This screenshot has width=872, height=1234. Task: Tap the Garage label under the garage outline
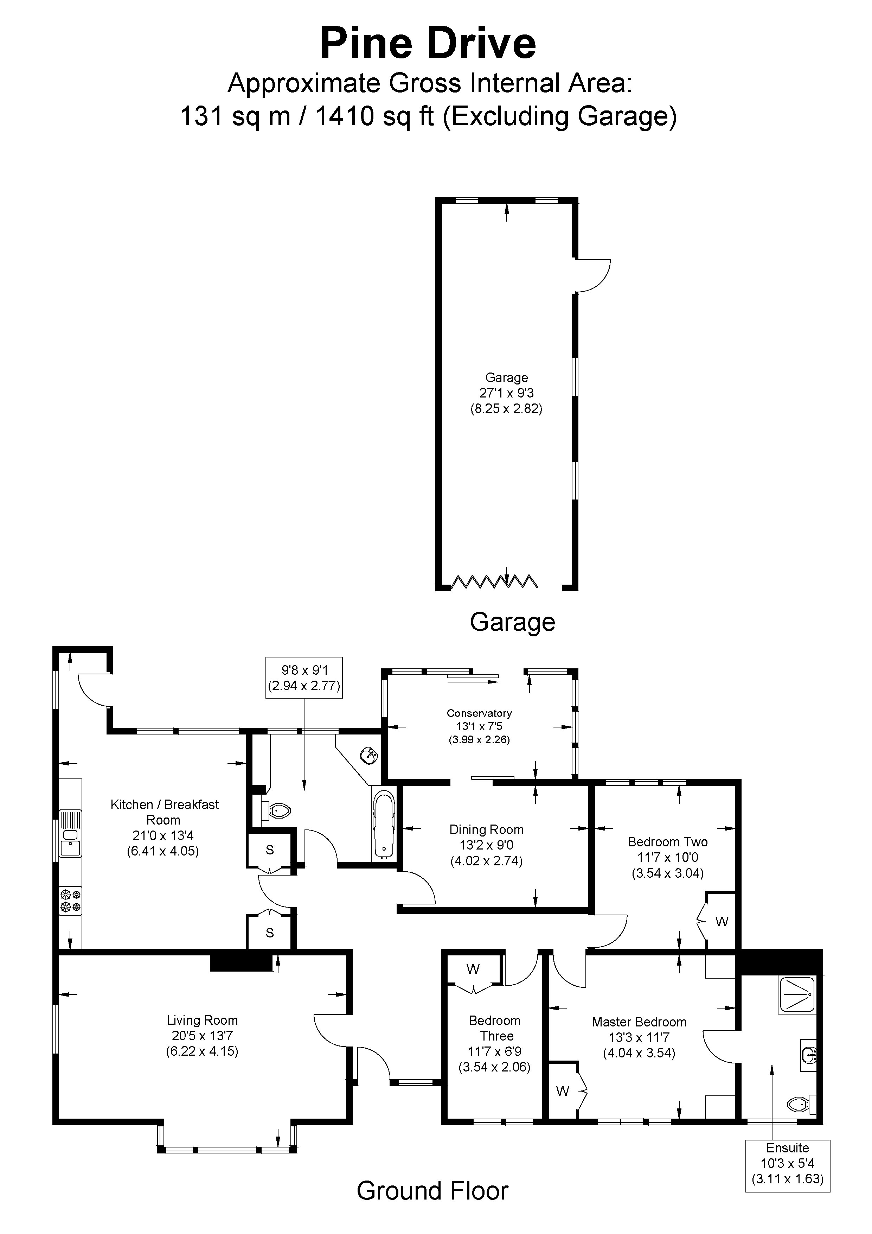point(512,622)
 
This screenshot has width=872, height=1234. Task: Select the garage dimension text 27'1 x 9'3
point(506,393)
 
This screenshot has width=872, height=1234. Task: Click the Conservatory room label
point(479,713)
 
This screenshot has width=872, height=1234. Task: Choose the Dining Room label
point(486,829)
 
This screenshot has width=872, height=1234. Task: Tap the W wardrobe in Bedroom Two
point(721,921)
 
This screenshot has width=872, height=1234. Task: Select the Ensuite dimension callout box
point(787,1164)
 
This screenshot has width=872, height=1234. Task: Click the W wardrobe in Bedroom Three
point(473,969)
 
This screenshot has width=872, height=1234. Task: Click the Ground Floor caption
point(432,1191)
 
